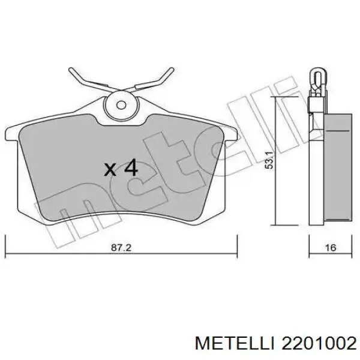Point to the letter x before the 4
pos(110,170)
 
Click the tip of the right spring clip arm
pos(170,71)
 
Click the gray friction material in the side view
pos(335,168)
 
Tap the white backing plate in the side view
pos(314,168)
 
